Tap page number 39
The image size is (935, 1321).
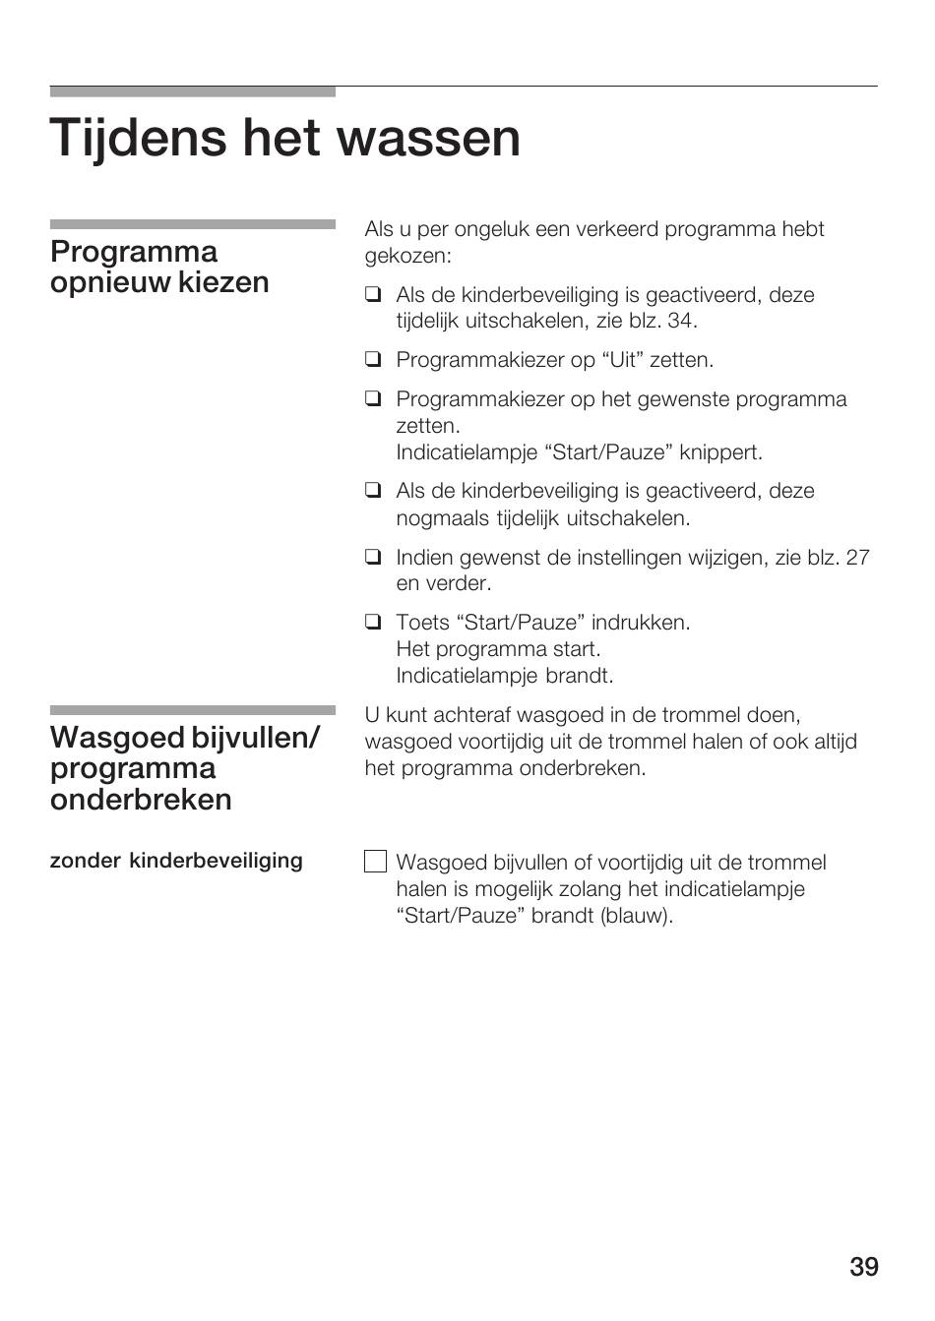863,1267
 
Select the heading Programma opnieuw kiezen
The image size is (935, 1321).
159,268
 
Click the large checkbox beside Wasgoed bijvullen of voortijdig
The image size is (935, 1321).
375,862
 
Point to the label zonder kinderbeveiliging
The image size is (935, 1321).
176,861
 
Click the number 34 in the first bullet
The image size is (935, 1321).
680,321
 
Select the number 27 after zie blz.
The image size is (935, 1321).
857,558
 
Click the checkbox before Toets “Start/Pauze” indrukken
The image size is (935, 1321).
372,622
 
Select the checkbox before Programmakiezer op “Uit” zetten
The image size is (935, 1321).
372,360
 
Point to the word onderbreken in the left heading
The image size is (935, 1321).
141,800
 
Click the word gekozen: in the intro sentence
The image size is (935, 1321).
407,256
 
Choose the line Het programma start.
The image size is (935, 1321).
498,649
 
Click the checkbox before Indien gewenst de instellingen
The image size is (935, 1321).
372,558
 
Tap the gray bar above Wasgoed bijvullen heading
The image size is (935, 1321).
192,709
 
